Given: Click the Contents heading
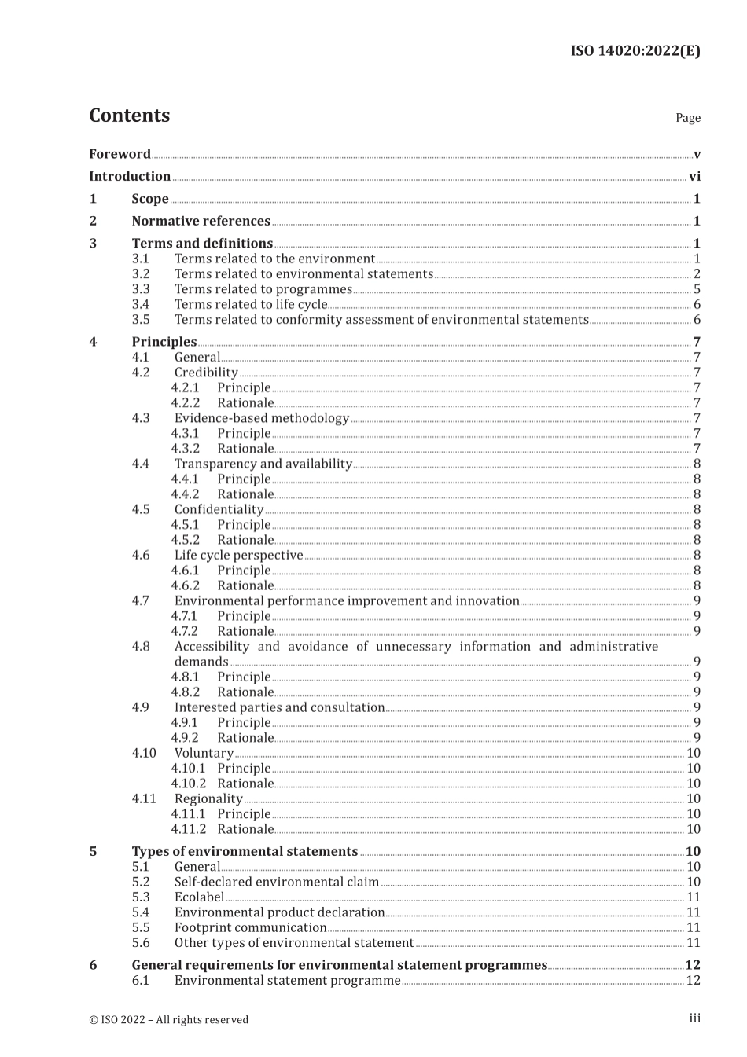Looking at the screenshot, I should click(129, 116).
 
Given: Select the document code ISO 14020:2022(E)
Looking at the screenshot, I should click(635, 51).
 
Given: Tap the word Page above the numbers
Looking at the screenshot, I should click(687, 118).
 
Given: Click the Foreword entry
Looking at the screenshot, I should click(120, 154).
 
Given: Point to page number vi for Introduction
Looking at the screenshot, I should click(694, 177).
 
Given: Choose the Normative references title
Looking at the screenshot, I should click(201, 222).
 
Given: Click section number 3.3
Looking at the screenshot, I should click(141, 289).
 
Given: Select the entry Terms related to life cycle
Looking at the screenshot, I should click(250, 304).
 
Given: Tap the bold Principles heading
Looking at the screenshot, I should click(164, 342).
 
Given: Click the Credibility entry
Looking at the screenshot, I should click(206, 373).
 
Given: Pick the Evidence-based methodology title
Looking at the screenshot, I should click(261, 418).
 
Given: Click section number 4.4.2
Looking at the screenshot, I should click(186, 494).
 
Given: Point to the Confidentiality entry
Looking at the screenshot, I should click(219, 509).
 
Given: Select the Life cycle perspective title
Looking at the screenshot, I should click(238, 555).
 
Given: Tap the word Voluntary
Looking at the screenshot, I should click(204, 753).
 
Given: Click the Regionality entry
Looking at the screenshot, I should click(208, 798).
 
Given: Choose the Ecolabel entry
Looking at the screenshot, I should click(199, 897).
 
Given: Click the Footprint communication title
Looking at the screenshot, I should click(250, 927).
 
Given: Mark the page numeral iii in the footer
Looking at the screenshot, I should click(694, 1018).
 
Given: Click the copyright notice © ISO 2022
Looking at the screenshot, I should click(168, 1020).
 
